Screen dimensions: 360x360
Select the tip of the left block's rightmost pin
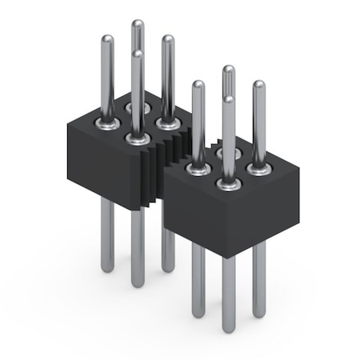click(x=167, y=38)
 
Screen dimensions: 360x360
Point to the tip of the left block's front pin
click(x=138, y=54)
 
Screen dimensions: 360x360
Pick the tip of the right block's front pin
click(x=229, y=99)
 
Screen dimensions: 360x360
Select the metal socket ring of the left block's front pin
click(x=138, y=138)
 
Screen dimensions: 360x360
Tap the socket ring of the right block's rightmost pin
click(x=258, y=168)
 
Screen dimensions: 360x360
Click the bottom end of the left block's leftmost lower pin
click(x=107, y=269)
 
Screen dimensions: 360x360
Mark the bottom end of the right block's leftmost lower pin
click(x=198, y=314)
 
